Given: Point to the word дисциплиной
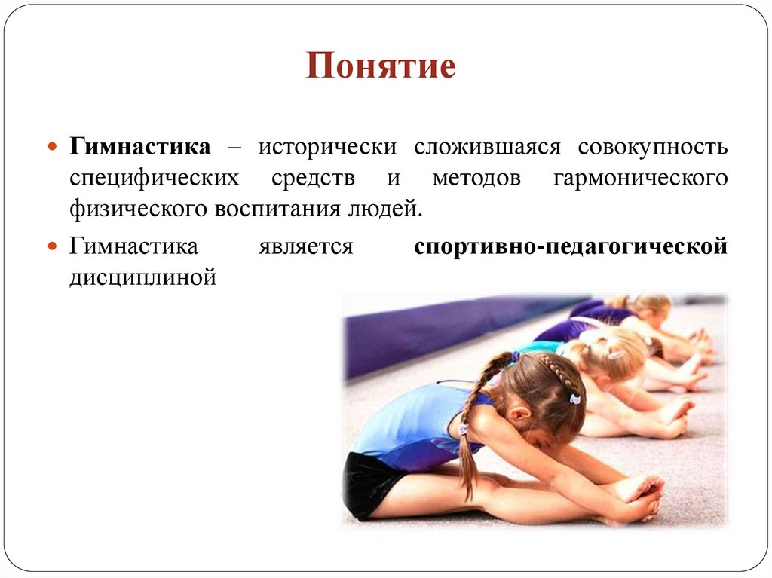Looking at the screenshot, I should click(x=143, y=277).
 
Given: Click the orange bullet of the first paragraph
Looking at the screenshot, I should click(x=53, y=145).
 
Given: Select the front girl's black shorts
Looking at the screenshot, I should click(x=368, y=482).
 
